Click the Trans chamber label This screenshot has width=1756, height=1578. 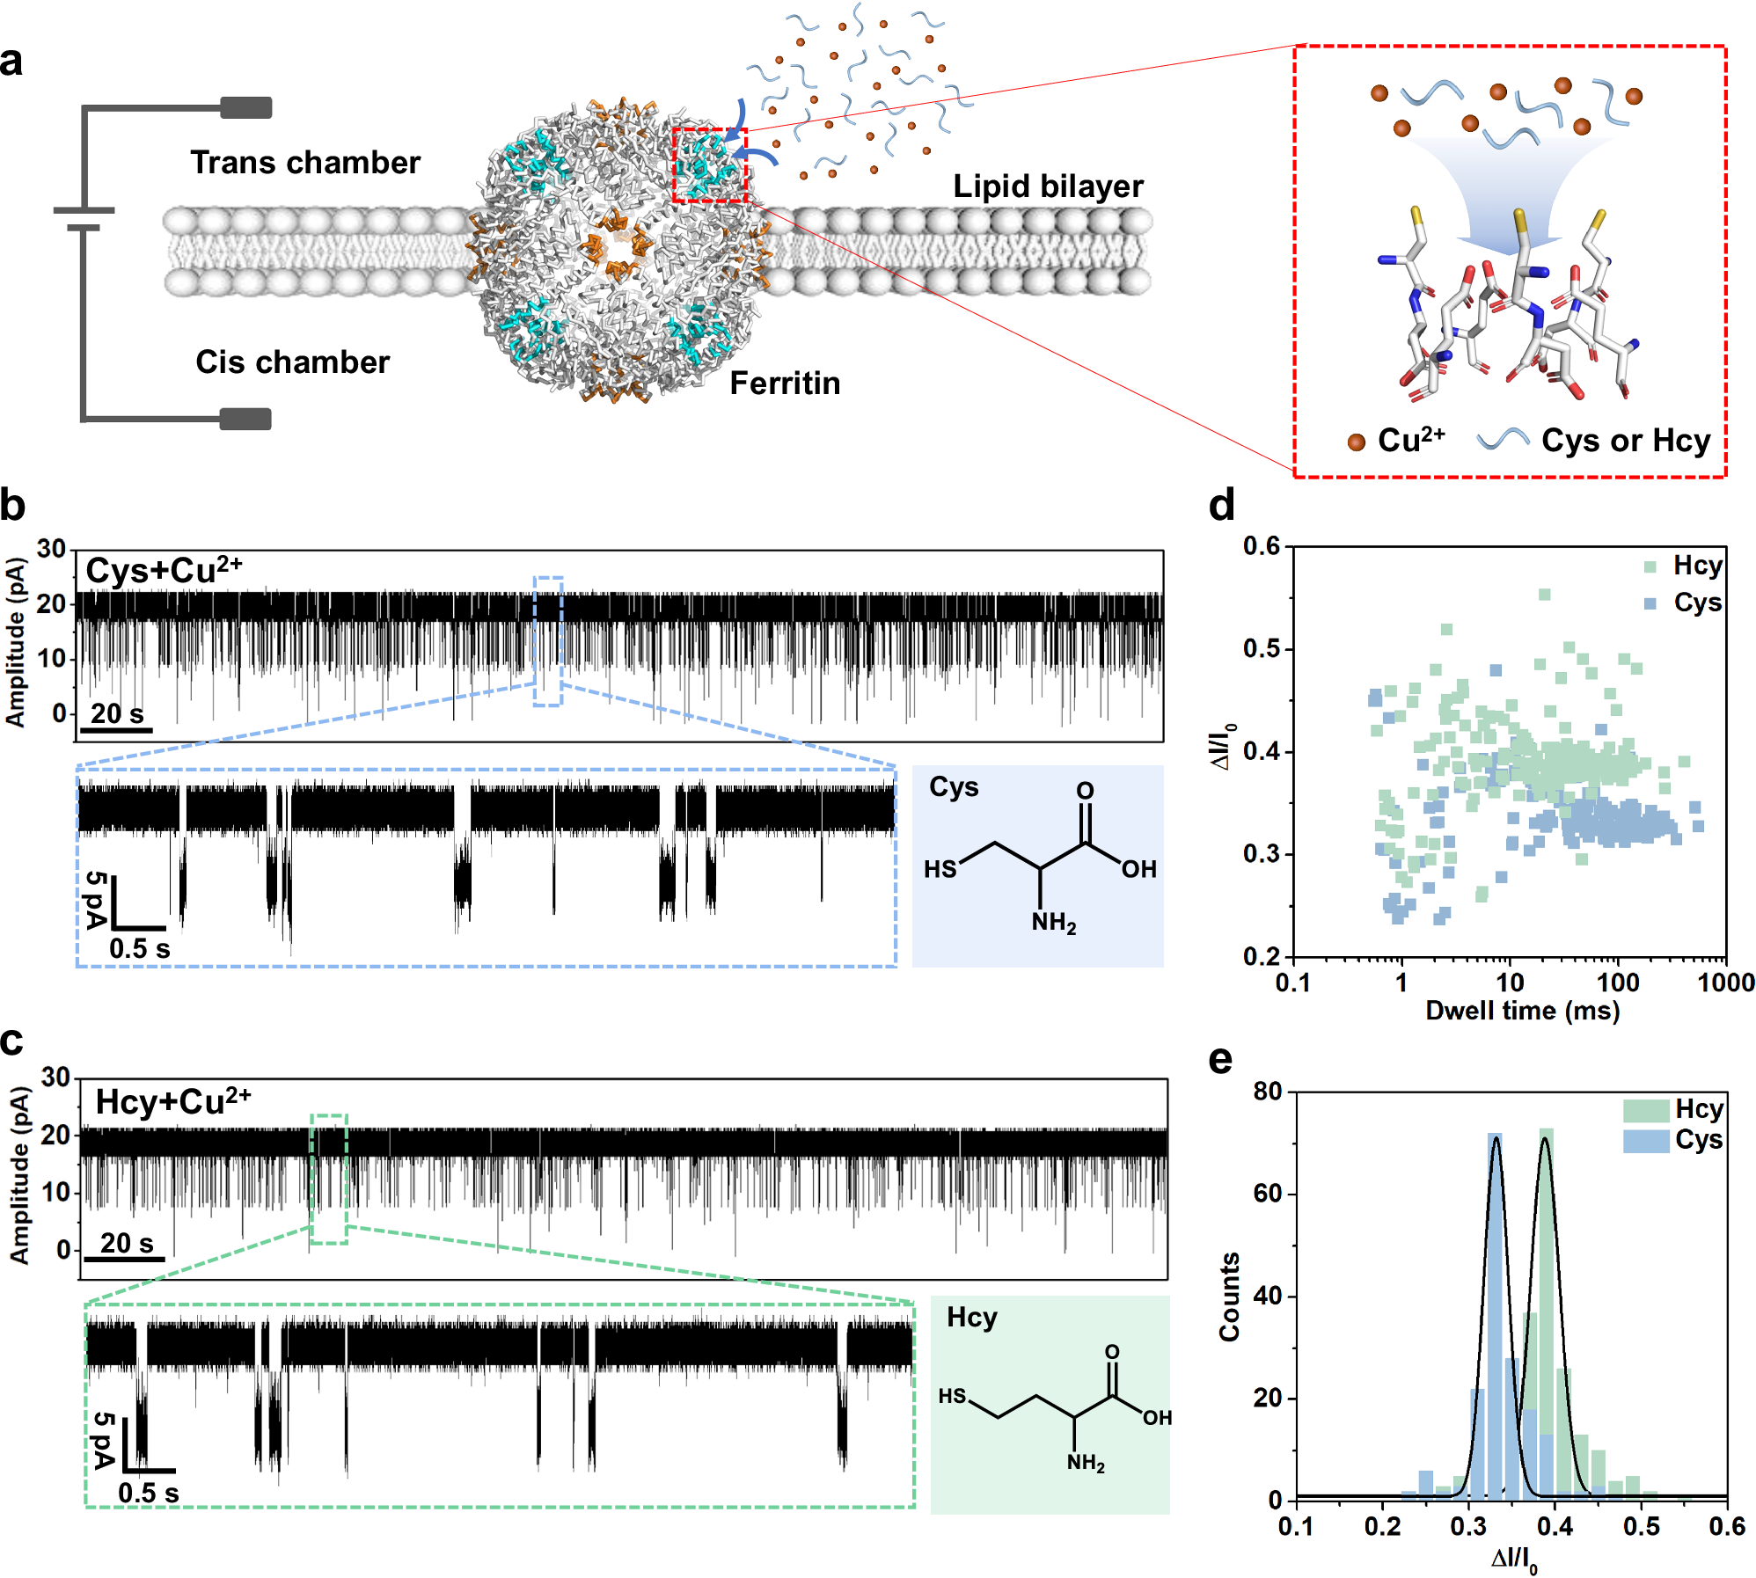[x=305, y=163]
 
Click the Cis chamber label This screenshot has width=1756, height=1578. [x=292, y=362]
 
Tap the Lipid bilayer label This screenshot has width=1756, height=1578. [x=1048, y=186]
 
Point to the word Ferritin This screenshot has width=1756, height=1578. [x=785, y=384]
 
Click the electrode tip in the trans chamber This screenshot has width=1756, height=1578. [x=246, y=108]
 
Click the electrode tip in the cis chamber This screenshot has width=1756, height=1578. [x=245, y=419]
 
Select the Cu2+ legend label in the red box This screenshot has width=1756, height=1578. [x=1410, y=440]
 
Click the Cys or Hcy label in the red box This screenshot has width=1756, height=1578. [x=1625, y=441]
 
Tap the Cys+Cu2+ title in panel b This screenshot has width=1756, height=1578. [x=164, y=571]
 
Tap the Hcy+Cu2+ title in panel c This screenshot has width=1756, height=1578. [x=173, y=1102]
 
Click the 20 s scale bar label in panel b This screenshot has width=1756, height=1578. [x=117, y=713]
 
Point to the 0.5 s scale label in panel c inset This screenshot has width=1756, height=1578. [x=148, y=1493]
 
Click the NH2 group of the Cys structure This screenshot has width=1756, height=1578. [x=1053, y=923]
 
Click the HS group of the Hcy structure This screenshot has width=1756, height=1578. [x=952, y=1396]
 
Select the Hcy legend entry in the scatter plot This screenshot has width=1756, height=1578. [x=1696, y=566]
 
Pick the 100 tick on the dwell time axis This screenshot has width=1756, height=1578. [x=1617, y=983]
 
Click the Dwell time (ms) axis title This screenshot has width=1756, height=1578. [x=1522, y=1011]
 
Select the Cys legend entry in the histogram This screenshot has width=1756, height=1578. [x=1698, y=1140]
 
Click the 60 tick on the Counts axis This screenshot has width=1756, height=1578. [x=1268, y=1194]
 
